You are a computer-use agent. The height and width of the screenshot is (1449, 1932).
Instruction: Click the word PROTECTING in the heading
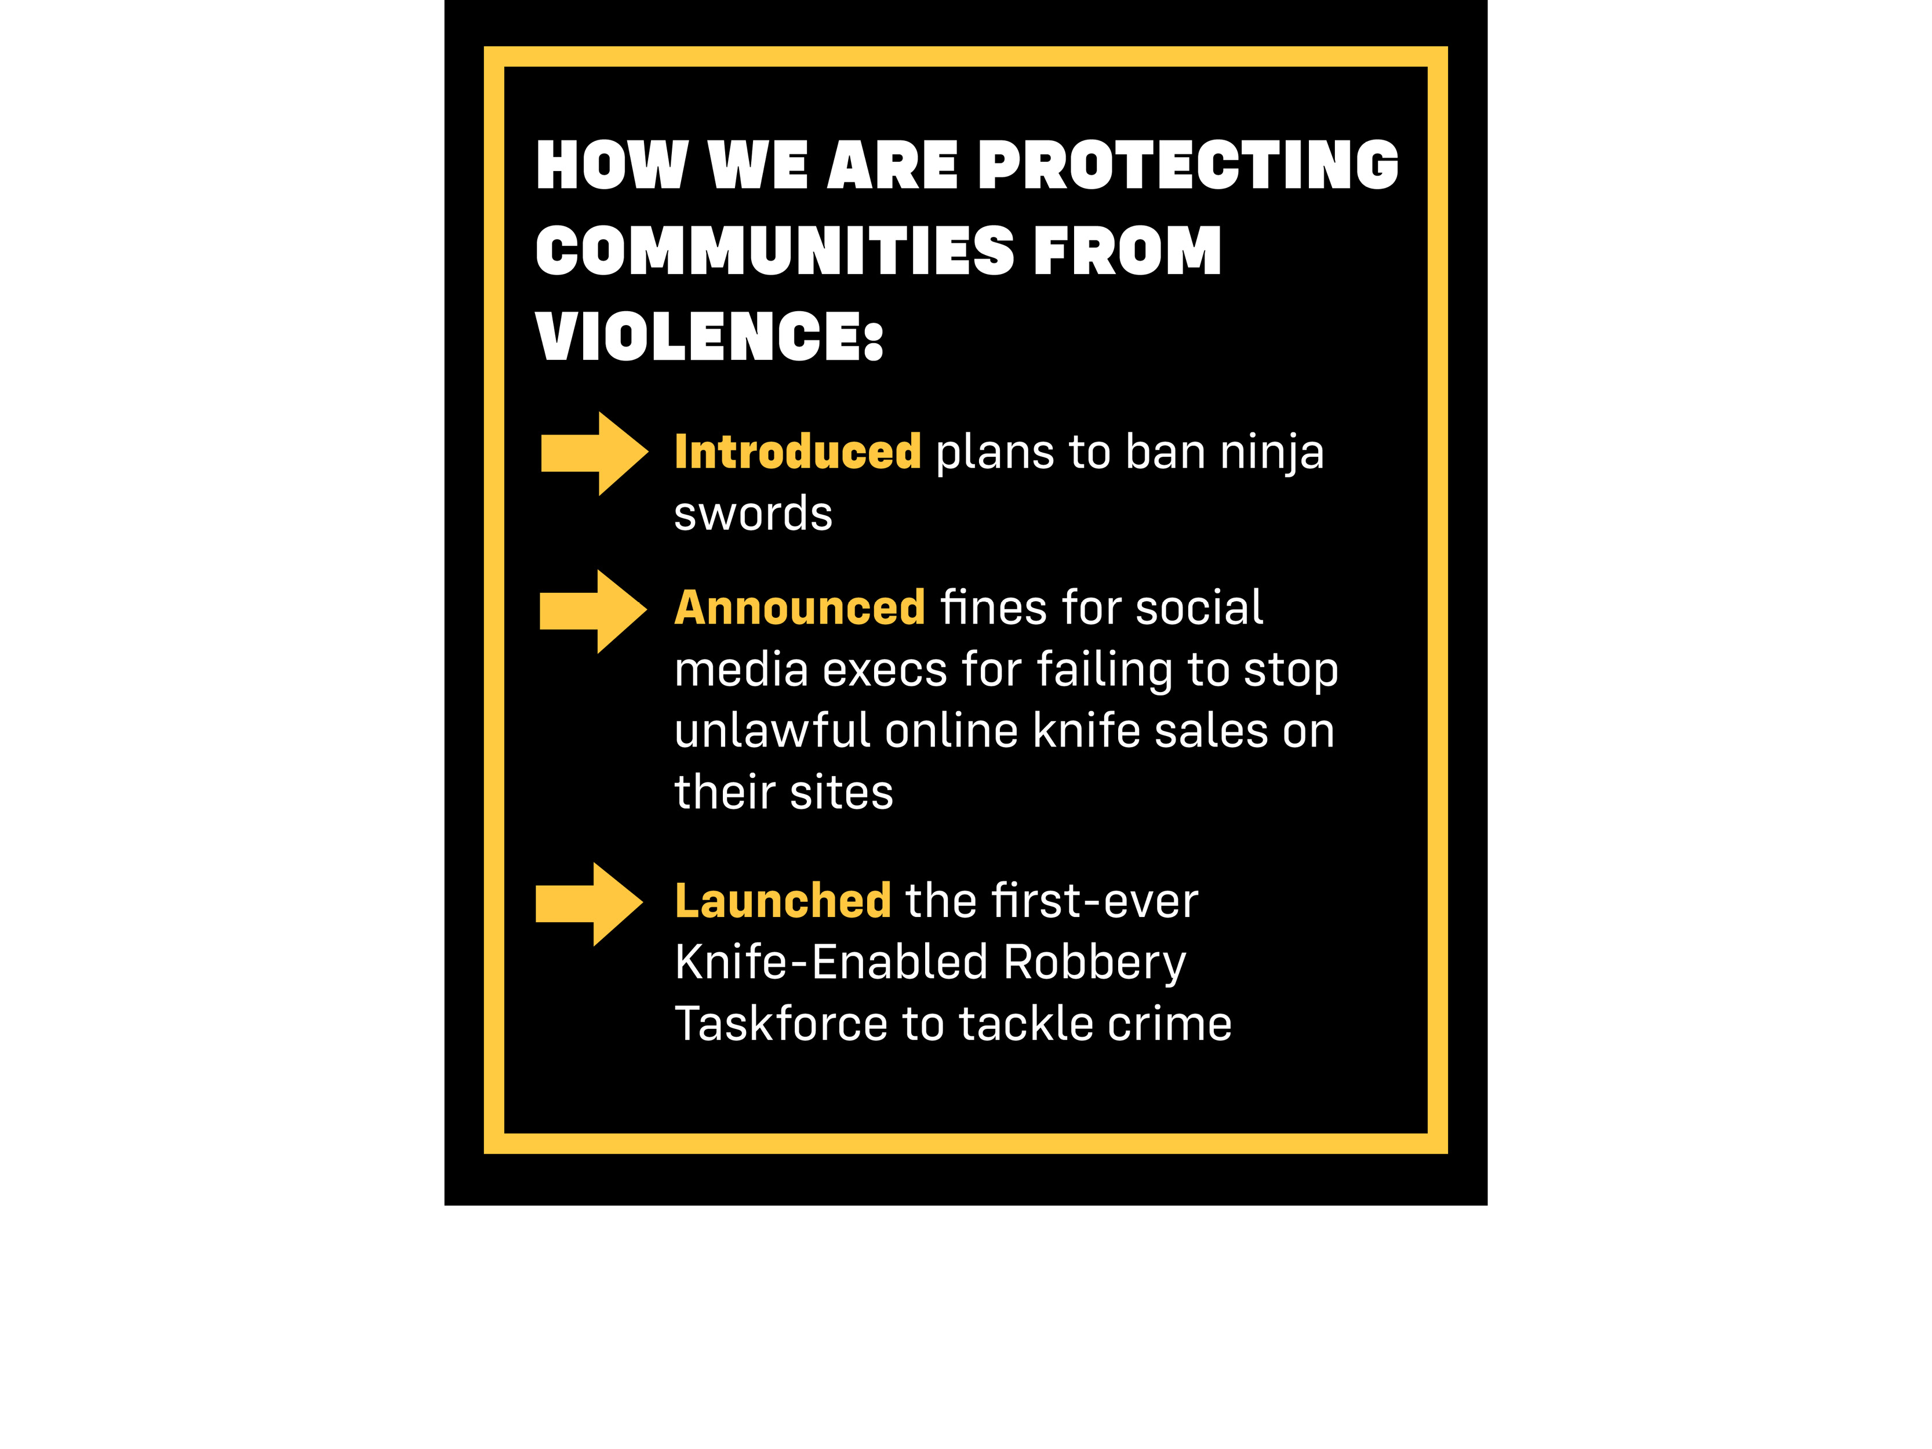click(1188, 165)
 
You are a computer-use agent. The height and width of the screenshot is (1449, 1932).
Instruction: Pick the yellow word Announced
click(799, 608)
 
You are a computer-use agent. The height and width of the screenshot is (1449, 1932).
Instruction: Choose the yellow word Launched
click(783, 901)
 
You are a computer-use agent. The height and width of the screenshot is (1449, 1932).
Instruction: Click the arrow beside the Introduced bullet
click(594, 453)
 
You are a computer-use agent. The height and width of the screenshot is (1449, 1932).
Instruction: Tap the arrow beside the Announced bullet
click(593, 611)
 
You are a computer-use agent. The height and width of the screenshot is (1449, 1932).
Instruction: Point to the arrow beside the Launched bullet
click(589, 904)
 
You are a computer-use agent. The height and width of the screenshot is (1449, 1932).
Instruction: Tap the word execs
click(884, 670)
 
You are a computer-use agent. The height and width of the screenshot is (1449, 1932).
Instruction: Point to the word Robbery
click(1094, 963)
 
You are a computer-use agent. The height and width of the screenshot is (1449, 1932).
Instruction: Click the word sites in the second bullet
click(841, 792)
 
